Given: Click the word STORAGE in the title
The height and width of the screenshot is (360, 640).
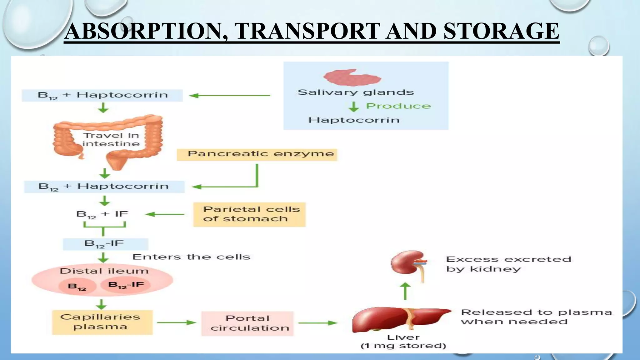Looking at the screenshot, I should tap(501, 31).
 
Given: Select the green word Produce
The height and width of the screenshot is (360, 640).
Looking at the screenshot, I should tap(398, 106).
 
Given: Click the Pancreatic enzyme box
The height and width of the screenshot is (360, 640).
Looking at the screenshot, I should tap(257, 154).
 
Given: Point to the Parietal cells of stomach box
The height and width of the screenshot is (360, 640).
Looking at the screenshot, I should tap(249, 214).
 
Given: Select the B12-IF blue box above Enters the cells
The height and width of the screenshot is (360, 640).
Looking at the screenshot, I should tap(105, 244).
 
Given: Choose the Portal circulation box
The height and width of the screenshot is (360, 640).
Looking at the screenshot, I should tap(247, 323).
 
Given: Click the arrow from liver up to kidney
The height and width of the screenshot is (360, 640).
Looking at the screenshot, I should tap(405, 291).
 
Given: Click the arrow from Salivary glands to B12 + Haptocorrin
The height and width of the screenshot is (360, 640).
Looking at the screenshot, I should tap(230, 96).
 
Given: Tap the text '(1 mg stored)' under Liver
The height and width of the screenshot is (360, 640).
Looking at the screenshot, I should tap(403, 346).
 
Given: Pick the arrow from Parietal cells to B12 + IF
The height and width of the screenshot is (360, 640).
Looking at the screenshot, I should tap(165, 214).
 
